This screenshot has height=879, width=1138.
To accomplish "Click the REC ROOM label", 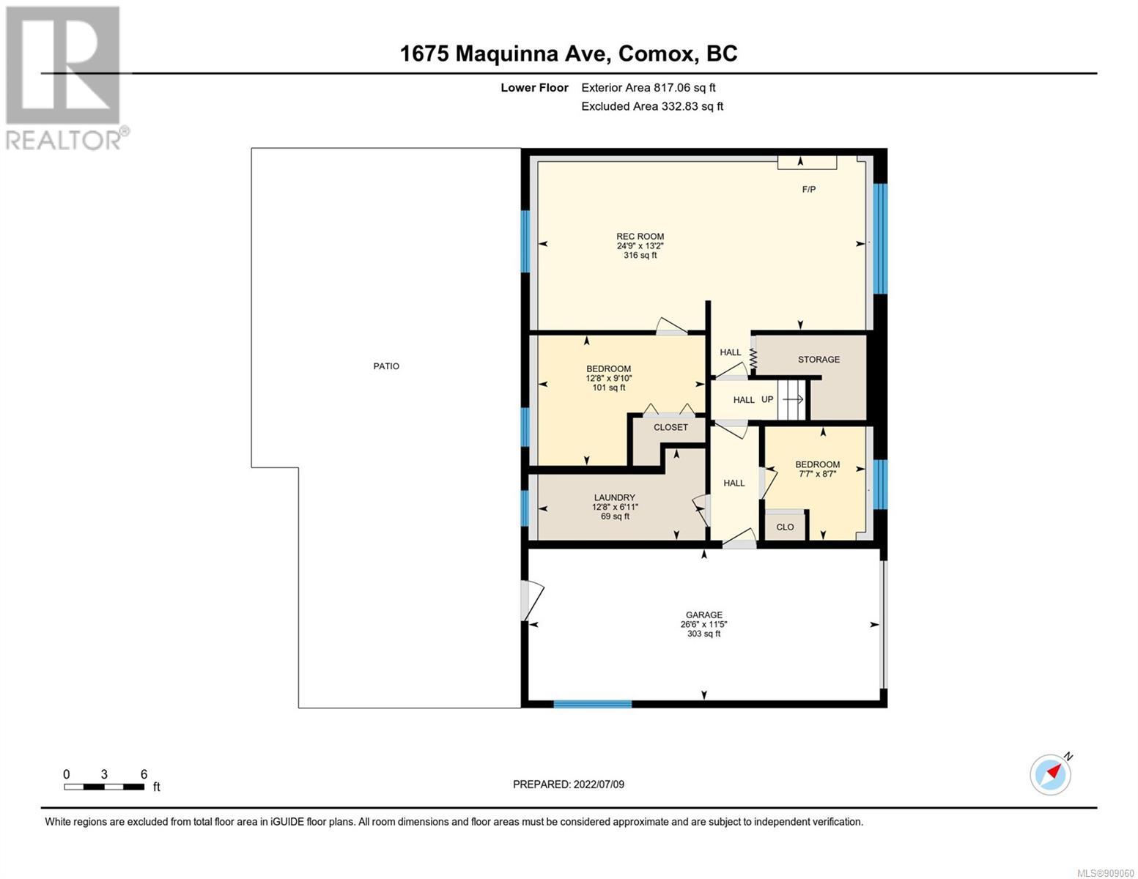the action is (x=640, y=237).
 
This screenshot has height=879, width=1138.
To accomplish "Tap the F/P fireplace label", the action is (x=808, y=190).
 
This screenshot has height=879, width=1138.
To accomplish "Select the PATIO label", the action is (x=386, y=366).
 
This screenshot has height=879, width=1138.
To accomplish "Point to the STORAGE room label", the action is (x=819, y=360).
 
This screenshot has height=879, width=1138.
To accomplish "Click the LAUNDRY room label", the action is (x=614, y=498).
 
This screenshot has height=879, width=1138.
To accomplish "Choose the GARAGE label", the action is (x=704, y=615).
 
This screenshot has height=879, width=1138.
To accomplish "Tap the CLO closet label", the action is (x=785, y=527).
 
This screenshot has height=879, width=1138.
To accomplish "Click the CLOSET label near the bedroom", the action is (x=670, y=427).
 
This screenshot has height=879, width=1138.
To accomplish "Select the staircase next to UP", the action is (x=791, y=399).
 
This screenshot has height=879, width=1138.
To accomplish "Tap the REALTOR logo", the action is (x=65, y=78).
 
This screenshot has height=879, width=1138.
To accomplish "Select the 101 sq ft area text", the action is (x=608, y=388).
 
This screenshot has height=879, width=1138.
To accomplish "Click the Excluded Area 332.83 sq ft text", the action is (x=652, y=106).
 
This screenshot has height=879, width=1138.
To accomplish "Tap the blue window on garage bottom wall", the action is (x=592, y=704).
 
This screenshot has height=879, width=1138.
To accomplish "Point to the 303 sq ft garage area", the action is (x=704, y=634).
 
